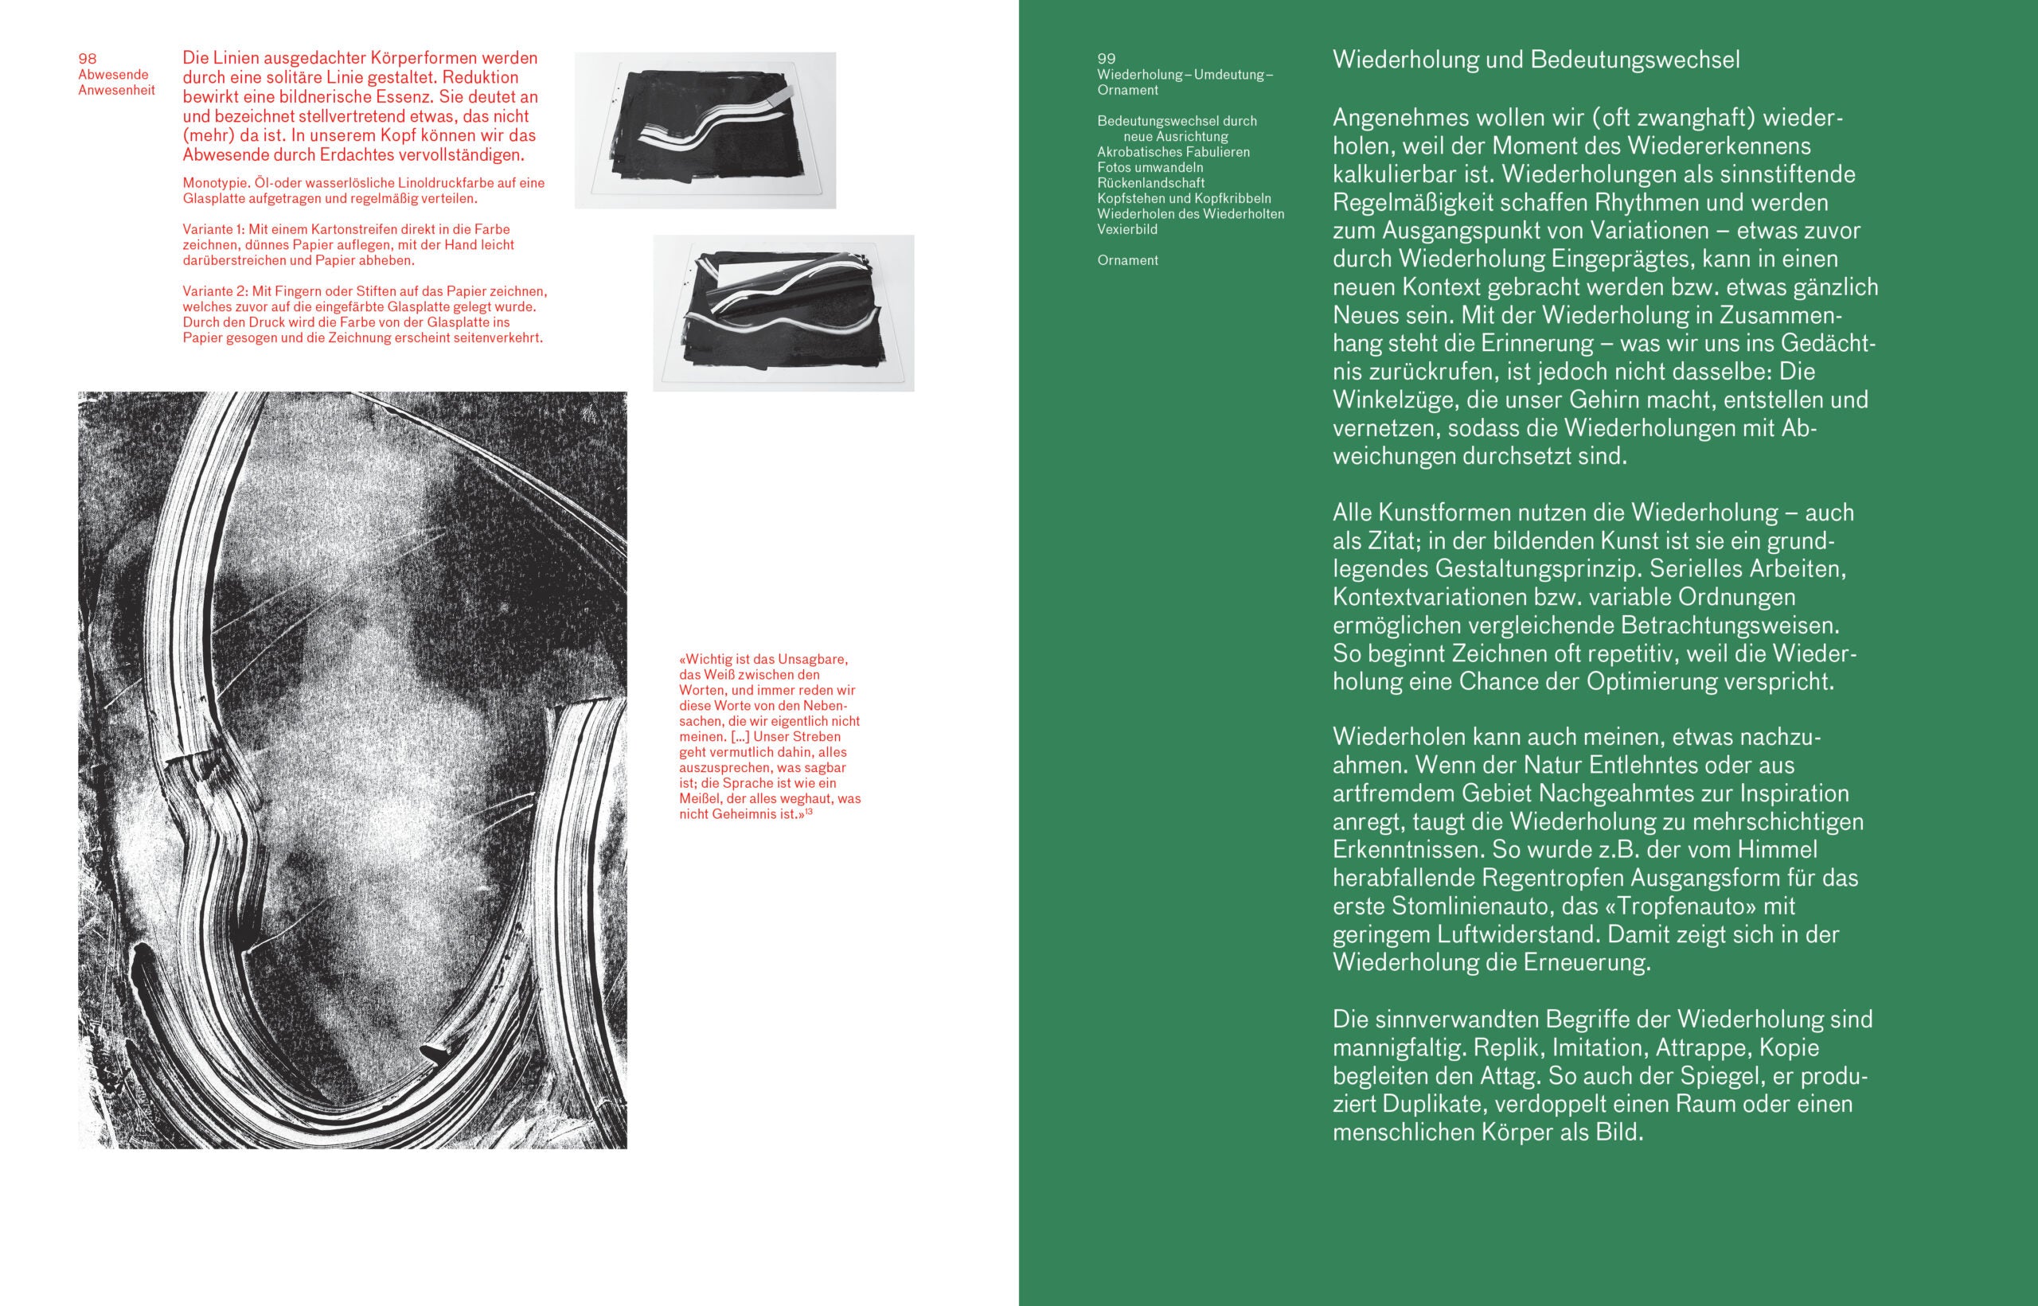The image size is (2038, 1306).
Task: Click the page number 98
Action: pyautogui.click(x=88, y=59)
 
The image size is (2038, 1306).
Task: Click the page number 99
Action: pyautogui.click(x=1106, y=59)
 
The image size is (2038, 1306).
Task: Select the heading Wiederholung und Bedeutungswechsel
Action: pyautogui.click(x=1536, y=60)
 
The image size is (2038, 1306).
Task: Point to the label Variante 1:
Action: pyautogui.click(x=213, y=230)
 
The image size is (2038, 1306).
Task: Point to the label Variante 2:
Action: pyautogui.click(x=213, y=290)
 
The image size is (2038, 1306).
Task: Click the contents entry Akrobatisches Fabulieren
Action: pyautogui.click(x=1173, y=152)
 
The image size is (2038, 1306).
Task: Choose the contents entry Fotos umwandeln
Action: pyautogui.click(x=1150, y=167)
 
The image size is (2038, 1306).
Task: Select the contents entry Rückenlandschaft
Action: pyautogui.click(x=1151, y=182)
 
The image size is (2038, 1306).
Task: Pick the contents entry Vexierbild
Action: pyautogui.click(x=1127, y=229)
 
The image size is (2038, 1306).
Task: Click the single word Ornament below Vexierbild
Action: pyautogui.click(x=1127, y=260)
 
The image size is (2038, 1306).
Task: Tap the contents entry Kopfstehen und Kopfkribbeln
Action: pyautogui.click(x=1184, y=198)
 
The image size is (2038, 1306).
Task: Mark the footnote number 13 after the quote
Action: pyautogui.click(x=809, y=813)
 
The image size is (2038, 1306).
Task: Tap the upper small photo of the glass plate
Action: pyautogui.click(x=705, y=131)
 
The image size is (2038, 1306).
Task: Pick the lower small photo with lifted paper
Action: pyautogui.click(x=783, y=313)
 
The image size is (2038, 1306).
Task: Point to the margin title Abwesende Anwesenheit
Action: pyautogui.click(x=116, y=82)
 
